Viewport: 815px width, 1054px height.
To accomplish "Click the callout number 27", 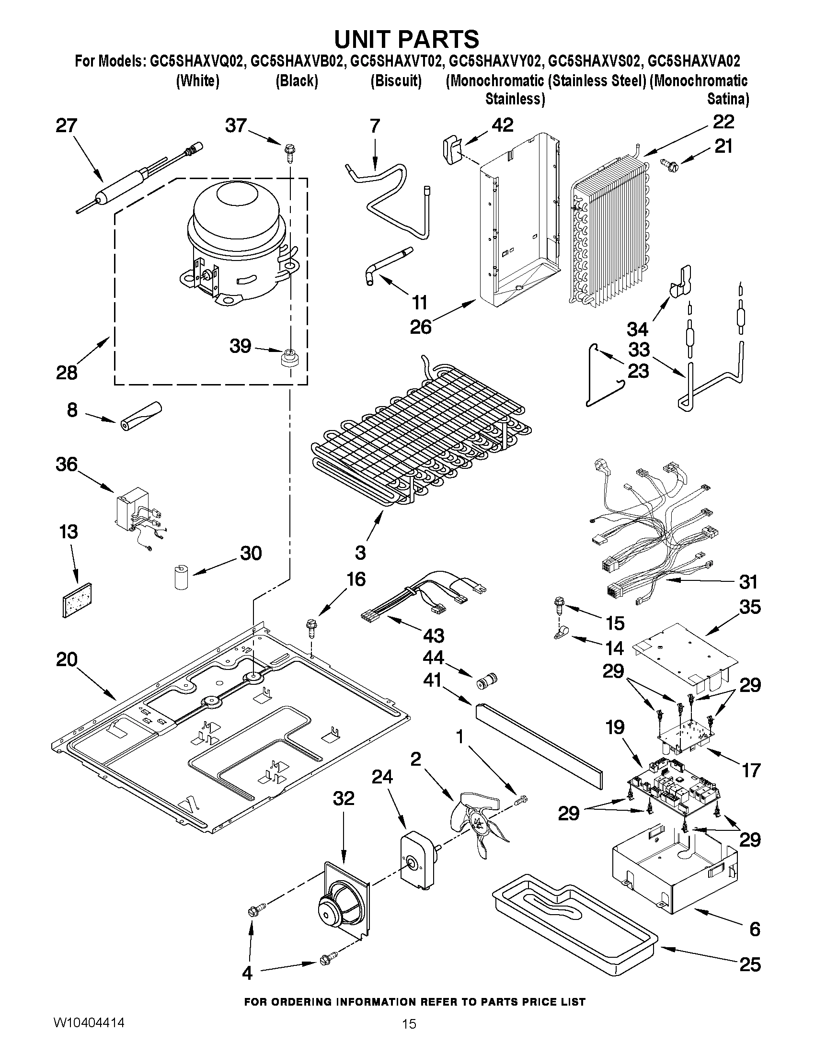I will click(x=67, y=126).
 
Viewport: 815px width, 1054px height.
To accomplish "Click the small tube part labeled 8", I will click(x=140, y=416).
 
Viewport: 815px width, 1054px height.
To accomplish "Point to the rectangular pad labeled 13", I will click(x=77, y=599).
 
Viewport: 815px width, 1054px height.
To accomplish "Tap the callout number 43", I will click(x=433, y=635).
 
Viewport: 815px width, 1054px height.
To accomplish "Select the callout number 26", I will click(x=420, y=327).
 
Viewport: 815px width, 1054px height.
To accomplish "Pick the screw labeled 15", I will click(x=561, y=605).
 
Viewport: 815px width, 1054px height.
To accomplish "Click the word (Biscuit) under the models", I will click(x=396, y=80).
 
